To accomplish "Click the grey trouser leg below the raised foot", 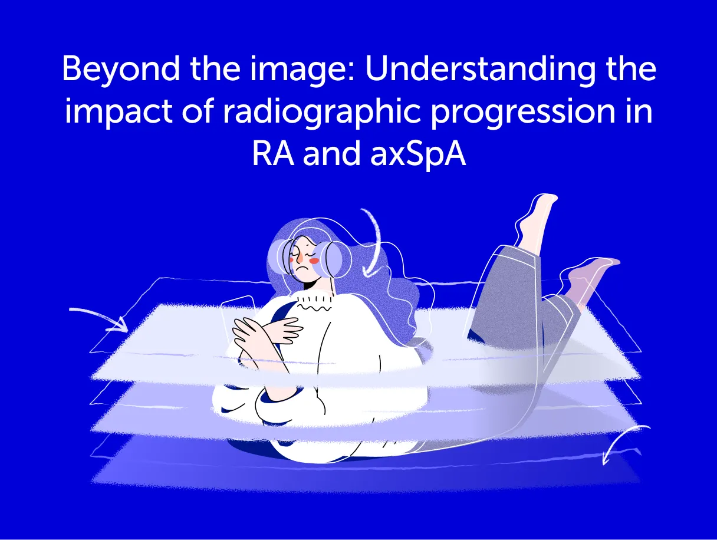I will click(507, 289).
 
